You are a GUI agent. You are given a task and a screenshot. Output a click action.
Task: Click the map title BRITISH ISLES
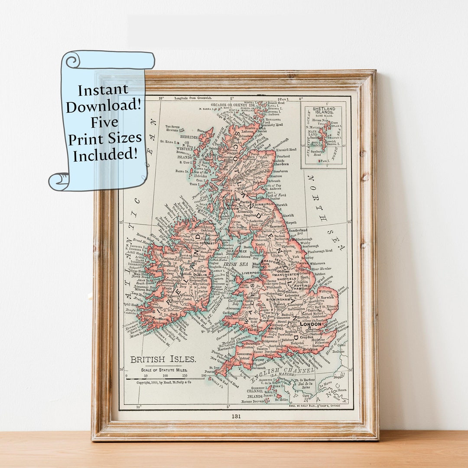[x=163, y=359]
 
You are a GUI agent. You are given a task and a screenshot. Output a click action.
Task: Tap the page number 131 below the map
[x=236, y=416]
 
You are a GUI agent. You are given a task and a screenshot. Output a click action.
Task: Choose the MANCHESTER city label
[x=286, y=275]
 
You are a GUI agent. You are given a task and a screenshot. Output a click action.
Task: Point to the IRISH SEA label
[x=230, y=263]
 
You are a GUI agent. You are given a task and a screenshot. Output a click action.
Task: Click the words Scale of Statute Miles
[x=163, y=370]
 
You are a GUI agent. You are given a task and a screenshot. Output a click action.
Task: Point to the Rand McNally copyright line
[x=164, y=383]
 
